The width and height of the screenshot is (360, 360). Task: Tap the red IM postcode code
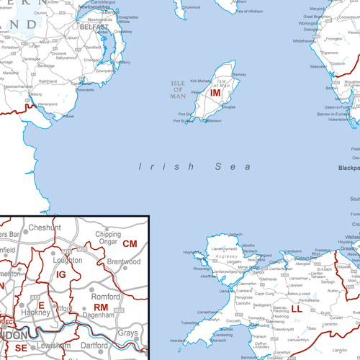pyautogui.click(x=215, y=94)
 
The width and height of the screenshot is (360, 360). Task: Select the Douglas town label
pyautogui.click(x=228, y=107)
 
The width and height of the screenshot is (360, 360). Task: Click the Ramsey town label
pyautogui.click(x=240, y=74)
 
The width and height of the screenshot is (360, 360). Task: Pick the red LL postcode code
pyautogui.click(x=297, y=309)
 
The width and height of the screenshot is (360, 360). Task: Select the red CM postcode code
pyautogui.click(x=130, y=244)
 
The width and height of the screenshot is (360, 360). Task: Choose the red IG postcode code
pyautogui.click(x=62, y=274)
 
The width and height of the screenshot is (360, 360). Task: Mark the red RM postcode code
pyautogui.click(x=100, y=307)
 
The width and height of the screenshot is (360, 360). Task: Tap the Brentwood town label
pyautogui.click(x=123, y=262)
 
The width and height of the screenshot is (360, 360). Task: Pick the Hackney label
pyautogui.click(x=35, y=313)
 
